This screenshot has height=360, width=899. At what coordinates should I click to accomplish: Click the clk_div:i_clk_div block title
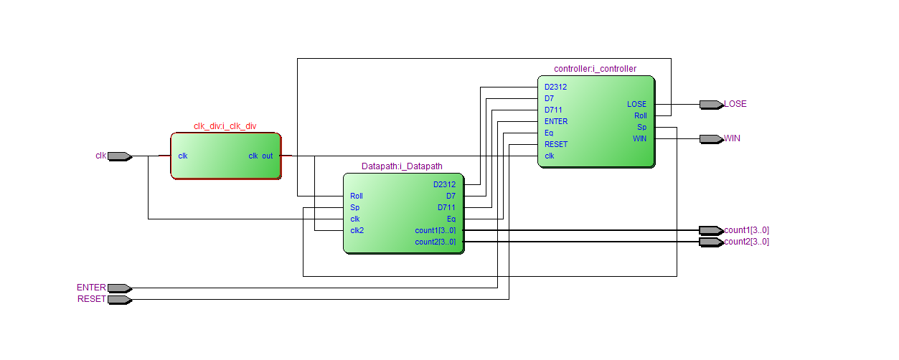click(225, 126)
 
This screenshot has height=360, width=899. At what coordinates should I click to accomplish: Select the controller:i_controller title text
click(595, 69)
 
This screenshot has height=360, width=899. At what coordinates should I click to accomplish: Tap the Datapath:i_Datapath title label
click(402, 166)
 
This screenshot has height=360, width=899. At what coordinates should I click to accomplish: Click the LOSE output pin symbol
click(711, 104)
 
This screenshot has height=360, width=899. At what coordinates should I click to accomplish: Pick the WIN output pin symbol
click(711, 138)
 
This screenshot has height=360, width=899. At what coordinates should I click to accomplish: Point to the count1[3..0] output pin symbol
click(711, 230)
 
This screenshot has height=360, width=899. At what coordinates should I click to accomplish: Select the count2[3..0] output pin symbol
click(711, 242)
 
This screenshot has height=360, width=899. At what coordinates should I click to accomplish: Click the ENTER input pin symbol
click(119, 288)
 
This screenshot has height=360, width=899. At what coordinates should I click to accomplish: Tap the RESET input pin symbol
click(119, 299)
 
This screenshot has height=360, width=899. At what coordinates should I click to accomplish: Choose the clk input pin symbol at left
click(119, 156)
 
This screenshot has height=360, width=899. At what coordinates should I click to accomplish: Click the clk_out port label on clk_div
click(260, 156)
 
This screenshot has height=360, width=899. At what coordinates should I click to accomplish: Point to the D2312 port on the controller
click(555, 87)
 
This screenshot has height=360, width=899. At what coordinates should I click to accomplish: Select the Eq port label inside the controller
click(549, 133)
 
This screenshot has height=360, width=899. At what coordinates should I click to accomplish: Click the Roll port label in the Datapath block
click(357, 196)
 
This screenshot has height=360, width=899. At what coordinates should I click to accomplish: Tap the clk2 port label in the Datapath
click(357, 230)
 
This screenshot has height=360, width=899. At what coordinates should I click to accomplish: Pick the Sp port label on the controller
click(641, 127)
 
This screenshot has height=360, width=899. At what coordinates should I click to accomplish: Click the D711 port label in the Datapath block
click(446, 207)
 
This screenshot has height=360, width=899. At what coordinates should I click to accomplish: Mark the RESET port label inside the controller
click(556, 144)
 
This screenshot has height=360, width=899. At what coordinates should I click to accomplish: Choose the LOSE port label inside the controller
click(636, 104)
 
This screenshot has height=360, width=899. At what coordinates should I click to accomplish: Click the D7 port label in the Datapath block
click(451, 196)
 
